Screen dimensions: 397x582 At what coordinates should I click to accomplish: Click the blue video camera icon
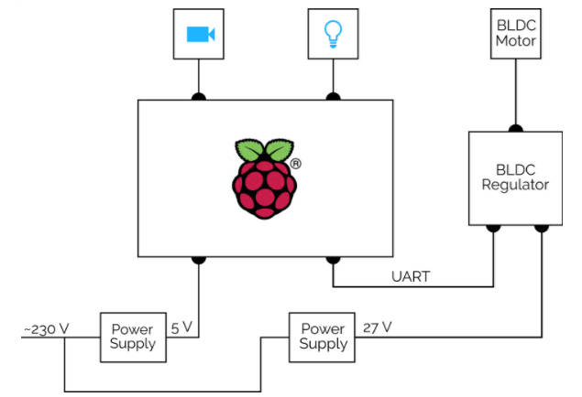tap(199, 34)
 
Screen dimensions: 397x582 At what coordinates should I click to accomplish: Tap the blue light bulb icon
tap(333, 34)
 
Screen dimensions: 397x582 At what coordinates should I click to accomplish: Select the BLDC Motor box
tap(516, 35)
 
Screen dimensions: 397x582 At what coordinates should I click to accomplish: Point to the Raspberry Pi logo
tap(266, 178)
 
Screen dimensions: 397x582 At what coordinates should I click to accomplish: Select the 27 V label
tap(377, 326)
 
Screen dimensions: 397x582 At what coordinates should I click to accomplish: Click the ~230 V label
tap(47, 326)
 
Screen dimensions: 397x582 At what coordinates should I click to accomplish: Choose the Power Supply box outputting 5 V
tap(133, 337)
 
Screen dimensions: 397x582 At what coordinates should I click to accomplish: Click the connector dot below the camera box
tap(198, 97)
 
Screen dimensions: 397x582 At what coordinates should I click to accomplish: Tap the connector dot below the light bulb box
tap(333, 97)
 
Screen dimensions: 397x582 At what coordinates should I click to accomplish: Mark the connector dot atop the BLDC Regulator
tap(516, 129)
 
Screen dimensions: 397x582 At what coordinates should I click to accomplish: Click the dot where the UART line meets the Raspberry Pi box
tap(333, 260)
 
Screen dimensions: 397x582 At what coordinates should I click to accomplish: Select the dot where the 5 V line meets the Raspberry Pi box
tap(198, 260)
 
